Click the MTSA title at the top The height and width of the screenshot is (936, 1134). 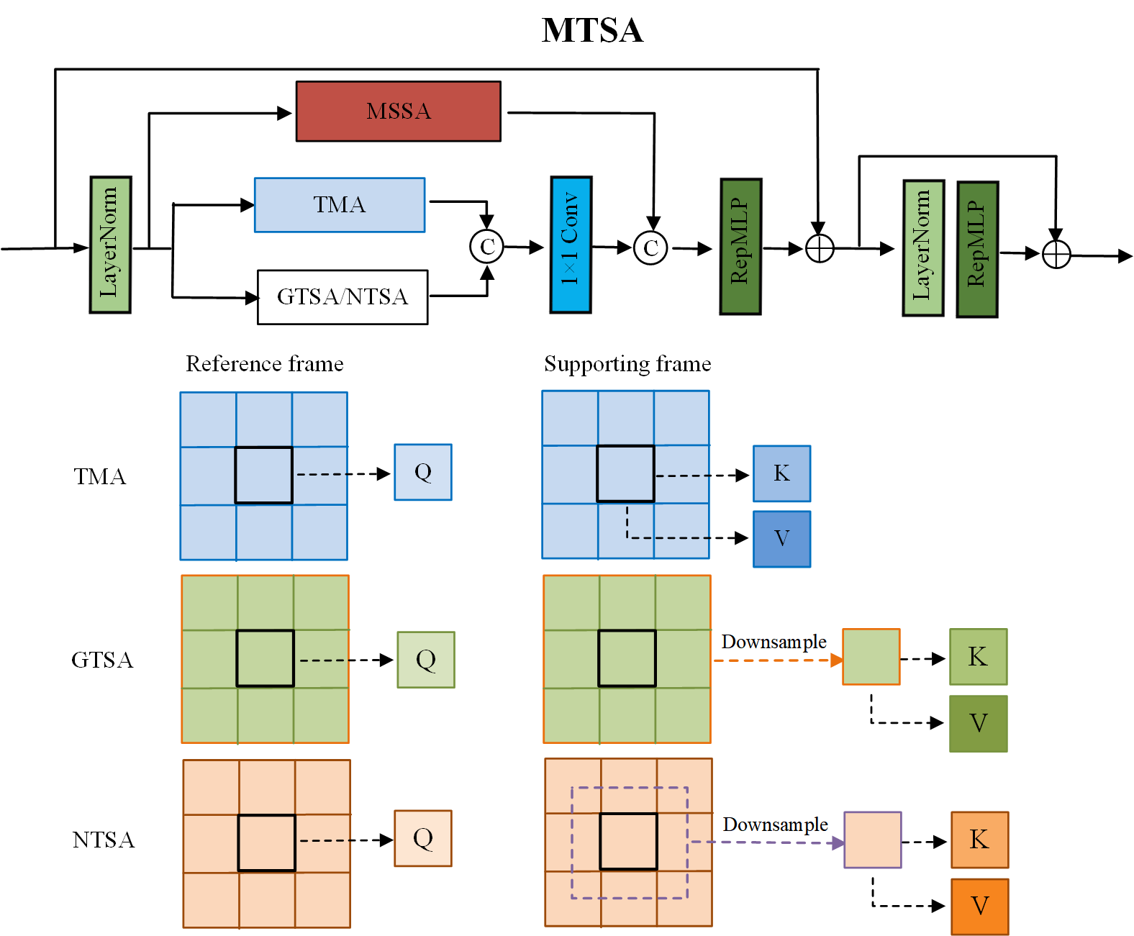pyautogui.click(x=592, y=30)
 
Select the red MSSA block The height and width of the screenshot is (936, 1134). pyautogui.click(x=398, y=112)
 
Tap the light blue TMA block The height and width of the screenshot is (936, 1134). pyautogui.click(x=340, y=204)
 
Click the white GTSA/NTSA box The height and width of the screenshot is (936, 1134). pyautogui.click(x=343, y=297)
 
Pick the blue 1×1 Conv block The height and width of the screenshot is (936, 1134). pyautogui.click(x=571, y=245)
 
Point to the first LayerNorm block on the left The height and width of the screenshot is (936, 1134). pyautogui.click(x=110, y=245)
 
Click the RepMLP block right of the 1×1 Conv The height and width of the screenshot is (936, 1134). pyautogui.click(x=741, y=247)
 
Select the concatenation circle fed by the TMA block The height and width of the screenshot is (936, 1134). pyautogui.click(x=486, y=247)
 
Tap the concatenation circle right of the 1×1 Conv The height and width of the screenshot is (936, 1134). pyautogui.click(x=650, y=248)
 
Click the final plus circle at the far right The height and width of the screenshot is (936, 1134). pyautogui.click(x=1056, y=254)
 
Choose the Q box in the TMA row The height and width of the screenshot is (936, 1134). pyautogui.click(x=423, y=472)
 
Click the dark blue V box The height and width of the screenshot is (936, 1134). pyautogui.click(x=781, y=539)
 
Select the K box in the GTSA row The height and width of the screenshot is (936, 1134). pyautogui.click(x=978, y=656)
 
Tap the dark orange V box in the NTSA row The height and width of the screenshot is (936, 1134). pyautogui.click(x=980, y=906)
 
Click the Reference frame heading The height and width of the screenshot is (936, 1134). pyautogui.click(x=265, y=364)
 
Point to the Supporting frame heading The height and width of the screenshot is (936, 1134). pyautogui.click(x=627, y=364)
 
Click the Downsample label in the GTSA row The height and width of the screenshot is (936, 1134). pyautogui.click(x=774, y=642)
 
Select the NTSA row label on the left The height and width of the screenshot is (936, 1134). pyautogui.click(x=103, y=840)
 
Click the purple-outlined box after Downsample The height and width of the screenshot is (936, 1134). pyautogui.click(x=873, y=840)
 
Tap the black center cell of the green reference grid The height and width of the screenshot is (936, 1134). pyautogui.click(x=265, y=658)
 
